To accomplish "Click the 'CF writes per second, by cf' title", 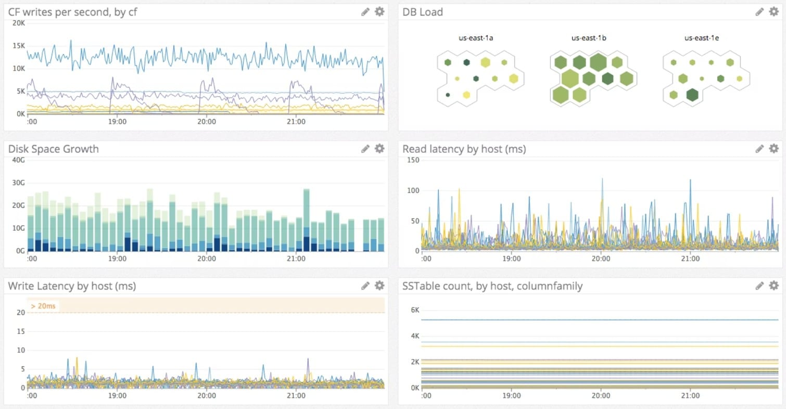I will coord(73,12).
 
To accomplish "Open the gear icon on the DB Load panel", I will coord(774,11).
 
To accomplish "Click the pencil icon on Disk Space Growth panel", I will coord(365,149).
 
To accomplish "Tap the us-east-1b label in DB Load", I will coord(588,38).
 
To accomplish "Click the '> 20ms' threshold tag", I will coord(43,306).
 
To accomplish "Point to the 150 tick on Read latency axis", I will coord(413,160).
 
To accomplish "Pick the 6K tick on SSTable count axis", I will coord(415,310).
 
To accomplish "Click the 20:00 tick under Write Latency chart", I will coord(207,395).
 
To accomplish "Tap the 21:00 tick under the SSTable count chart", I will coord(690,395).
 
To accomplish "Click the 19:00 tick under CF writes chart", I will coord(117,121).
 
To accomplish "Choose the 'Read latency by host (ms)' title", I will coord(464,149).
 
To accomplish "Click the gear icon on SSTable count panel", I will coord(774,285).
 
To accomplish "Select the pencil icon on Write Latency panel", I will coord(365,285).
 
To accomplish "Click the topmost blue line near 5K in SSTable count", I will coord(599,320).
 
